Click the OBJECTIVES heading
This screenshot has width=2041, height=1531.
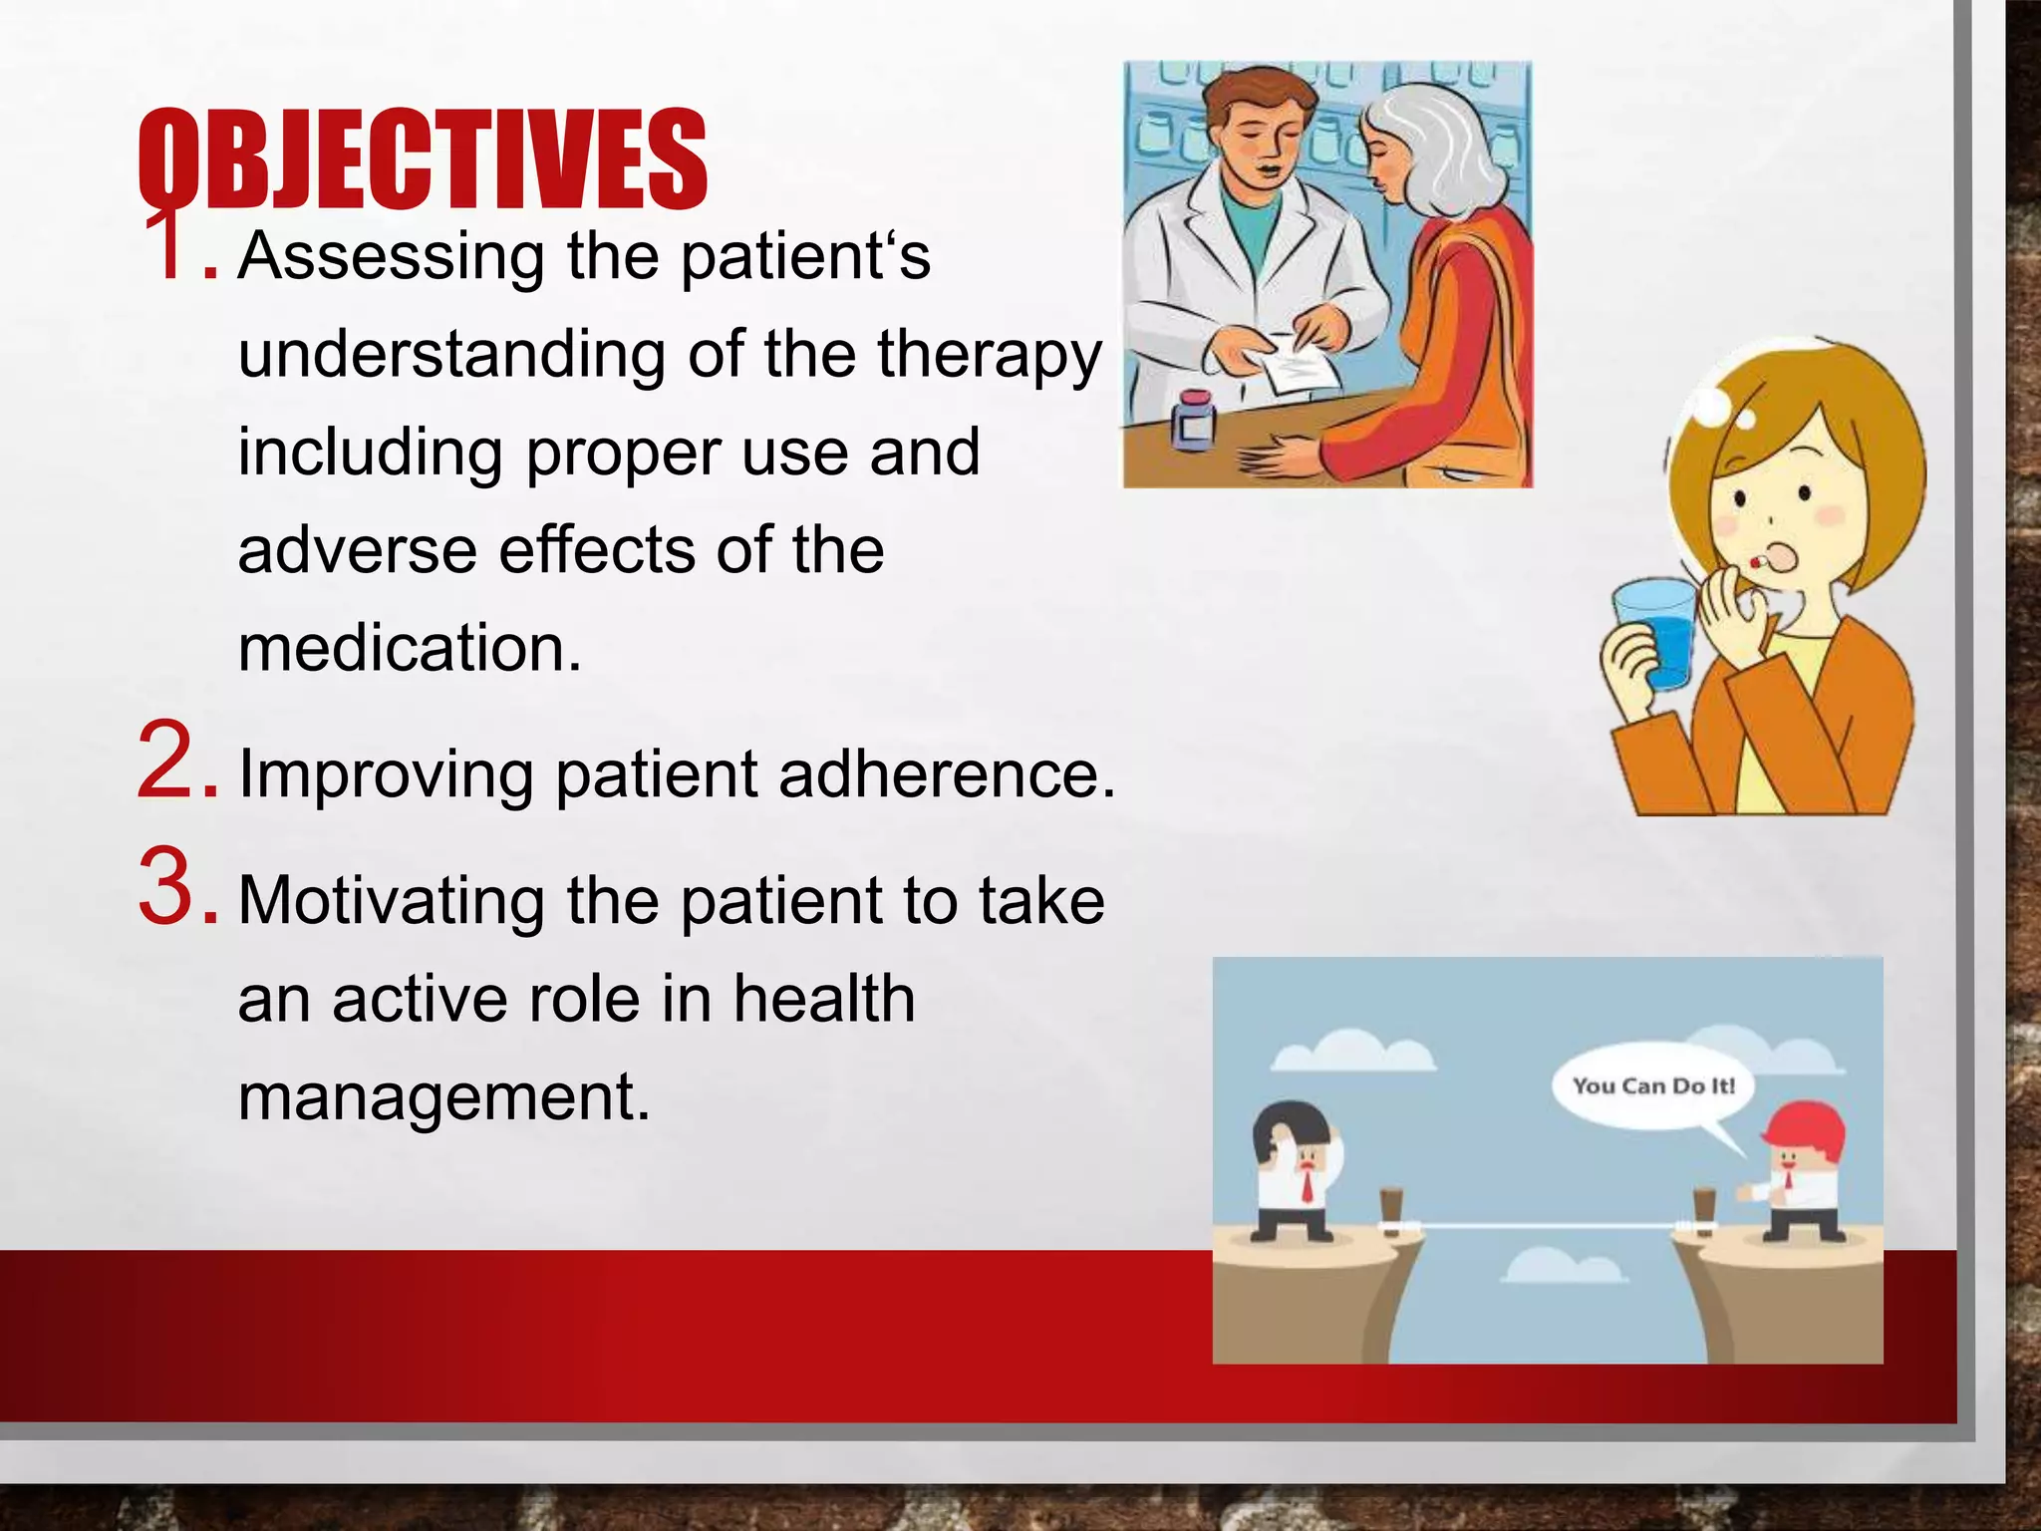click(422, 159)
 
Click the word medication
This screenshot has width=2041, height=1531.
click(409, 648)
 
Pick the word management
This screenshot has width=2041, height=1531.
click(443, 1096)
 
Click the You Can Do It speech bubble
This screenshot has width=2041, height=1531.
click(1652, 1086)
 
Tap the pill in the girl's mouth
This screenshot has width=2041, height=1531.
click(1754, 563)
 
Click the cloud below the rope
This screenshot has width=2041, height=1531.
click(1563, 1266)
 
